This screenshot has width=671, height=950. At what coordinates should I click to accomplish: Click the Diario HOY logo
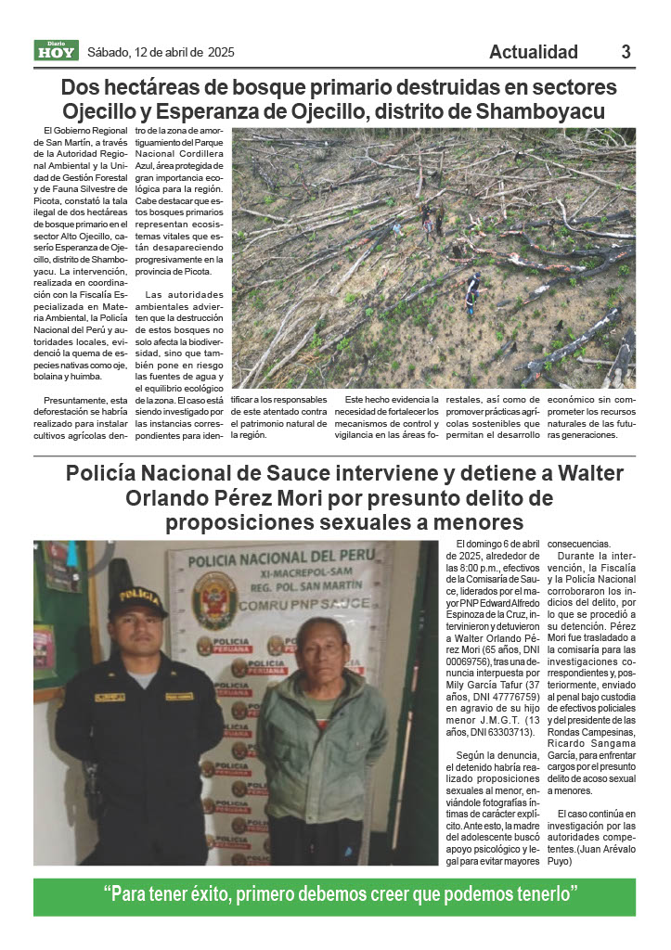coord(56,50)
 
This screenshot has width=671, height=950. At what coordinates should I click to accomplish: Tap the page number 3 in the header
coord(626,52)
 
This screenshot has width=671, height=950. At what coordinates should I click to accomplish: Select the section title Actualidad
coord(533,52)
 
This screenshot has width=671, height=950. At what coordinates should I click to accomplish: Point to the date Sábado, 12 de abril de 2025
coord(161,52)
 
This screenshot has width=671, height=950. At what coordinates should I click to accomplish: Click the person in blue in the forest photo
coord(471,290)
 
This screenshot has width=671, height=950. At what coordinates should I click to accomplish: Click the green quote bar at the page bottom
coord(335,896)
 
